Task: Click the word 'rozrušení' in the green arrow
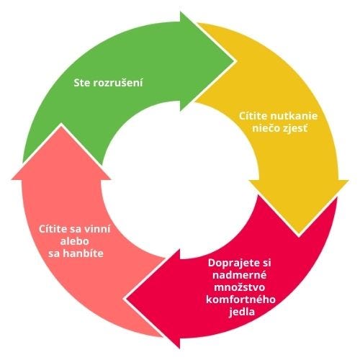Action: [117, 83]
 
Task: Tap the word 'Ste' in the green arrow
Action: [81, 83]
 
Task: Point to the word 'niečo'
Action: [266, 129]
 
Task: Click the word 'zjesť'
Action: [294, 129]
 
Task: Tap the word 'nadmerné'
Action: [240, 275]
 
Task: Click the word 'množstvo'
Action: [240, 287]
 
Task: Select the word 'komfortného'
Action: [240, 300]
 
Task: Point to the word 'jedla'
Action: [242, 312]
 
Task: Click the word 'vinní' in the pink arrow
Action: [96, 229]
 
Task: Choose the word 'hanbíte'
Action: [83, 253]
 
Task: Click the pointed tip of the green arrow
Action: [234, 61]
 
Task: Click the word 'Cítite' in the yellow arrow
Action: [253, 116]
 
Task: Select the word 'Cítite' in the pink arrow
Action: [53, 229]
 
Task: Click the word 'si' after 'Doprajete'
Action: [266, 263]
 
